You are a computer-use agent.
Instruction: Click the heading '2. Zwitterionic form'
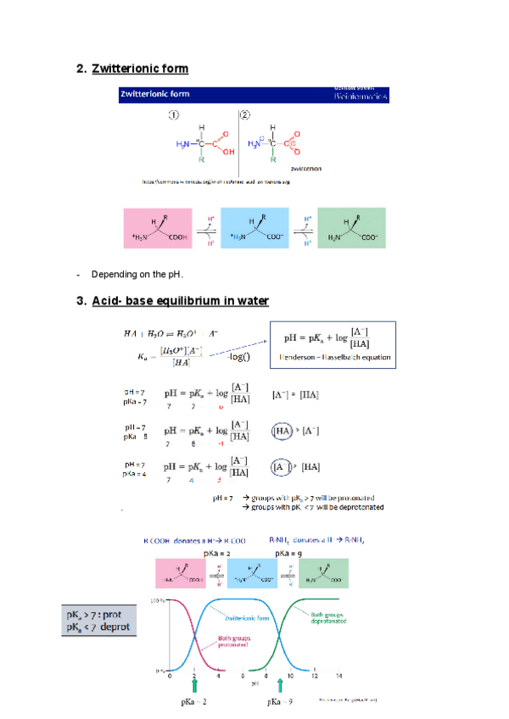pyautogui.click(x=132, y=68)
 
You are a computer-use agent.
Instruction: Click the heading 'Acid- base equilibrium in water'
pyautogui.click(x=180, y=300)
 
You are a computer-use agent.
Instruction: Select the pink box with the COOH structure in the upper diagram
pyautogui.click(x=159, y=227)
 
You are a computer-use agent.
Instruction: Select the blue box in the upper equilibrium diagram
pyautogui.click(x=255, y=227)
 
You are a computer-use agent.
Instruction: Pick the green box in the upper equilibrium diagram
pyautogui.click(x=350, y=227)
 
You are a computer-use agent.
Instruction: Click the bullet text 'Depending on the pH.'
pyautogui.click(x=137, y=274)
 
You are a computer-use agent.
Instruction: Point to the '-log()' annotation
pyautogui.click(x=238, y=358)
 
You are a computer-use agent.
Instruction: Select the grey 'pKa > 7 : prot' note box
pyautogui.click(x=100, y=620)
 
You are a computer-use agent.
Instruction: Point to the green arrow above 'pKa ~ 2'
pyautogui.click(x=194, y=683)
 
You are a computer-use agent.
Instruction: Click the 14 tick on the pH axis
pyautogui.click(x=339, y=676)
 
